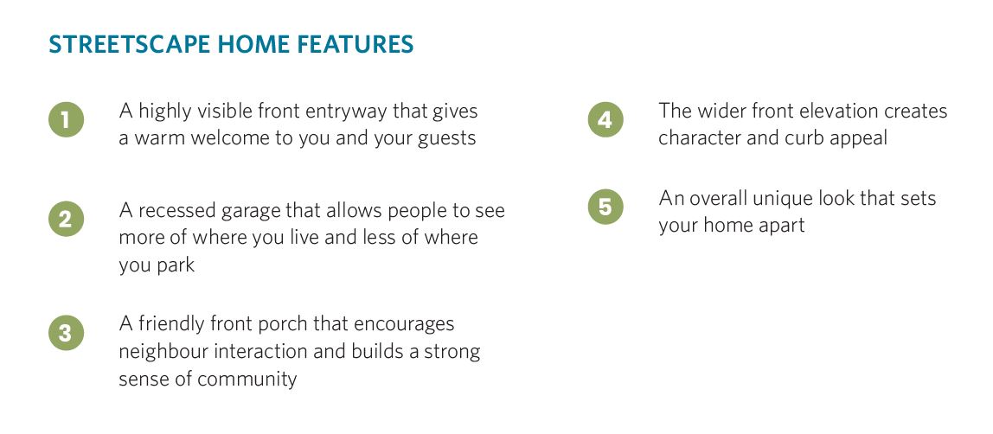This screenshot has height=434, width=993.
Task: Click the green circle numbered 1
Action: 66,119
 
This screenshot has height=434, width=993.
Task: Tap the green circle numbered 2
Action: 66,219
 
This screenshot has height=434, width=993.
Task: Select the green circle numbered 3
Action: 66,333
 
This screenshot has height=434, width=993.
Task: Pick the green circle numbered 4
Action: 605,119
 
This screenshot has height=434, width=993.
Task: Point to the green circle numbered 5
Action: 605,207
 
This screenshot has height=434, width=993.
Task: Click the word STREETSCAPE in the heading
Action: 129,45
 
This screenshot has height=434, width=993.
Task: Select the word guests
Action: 447,139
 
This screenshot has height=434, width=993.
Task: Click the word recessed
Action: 177,212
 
